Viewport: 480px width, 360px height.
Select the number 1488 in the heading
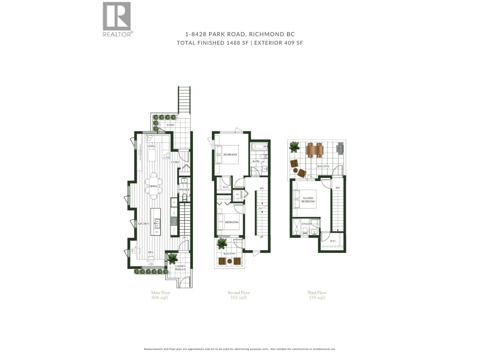click(233, 43)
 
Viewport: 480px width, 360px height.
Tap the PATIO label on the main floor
click(170, 125)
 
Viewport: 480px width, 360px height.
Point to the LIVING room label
click(152, 146)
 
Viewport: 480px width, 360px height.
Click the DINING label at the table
click(153, 186)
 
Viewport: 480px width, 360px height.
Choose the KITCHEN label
click(143, 224)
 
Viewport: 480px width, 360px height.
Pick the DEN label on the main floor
click(151, 252)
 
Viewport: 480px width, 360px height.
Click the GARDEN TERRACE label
click(180, 268)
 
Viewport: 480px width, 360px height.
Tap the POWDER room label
click(184, 190)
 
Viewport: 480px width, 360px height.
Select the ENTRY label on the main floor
click(175, 162)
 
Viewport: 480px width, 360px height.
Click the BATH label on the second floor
click(256, 161)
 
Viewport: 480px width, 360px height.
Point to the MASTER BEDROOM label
click(308, 200)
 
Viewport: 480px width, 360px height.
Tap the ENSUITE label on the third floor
click(307, 224)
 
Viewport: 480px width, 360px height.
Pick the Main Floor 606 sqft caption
click(160, 295)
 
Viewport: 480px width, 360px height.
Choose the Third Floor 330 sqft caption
click(317, 295)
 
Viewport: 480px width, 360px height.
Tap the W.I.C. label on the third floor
click(333, 241)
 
